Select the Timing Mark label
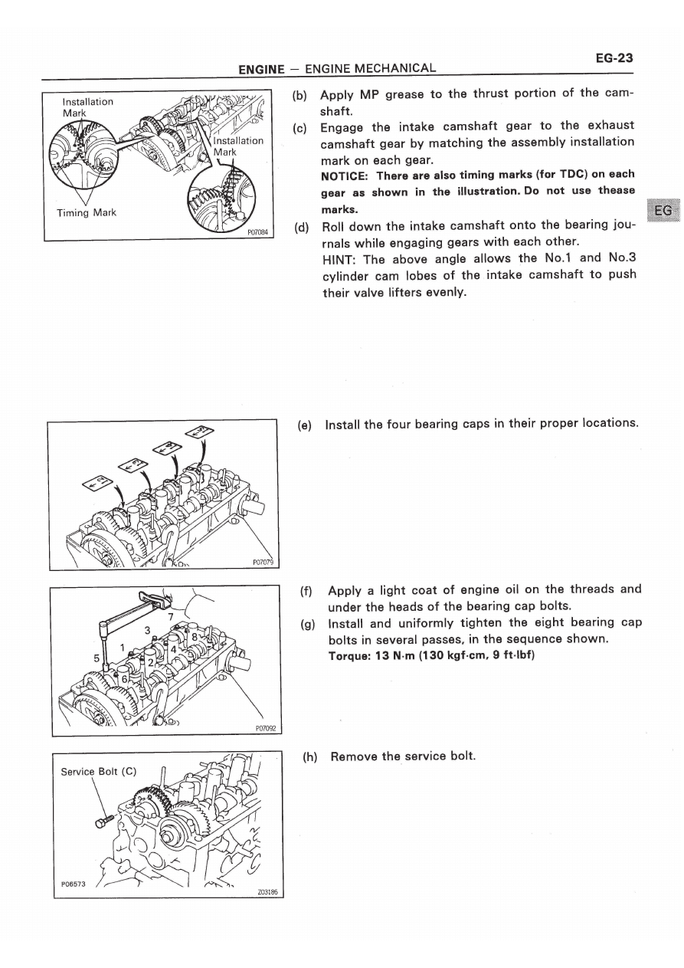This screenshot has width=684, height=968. click(x=87, y=212)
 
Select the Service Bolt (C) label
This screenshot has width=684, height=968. click(x=98, y=771)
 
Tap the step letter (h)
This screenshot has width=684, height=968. click(x=309, y=756)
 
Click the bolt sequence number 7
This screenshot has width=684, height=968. click(x=171, y=615)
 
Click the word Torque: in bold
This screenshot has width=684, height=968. click(x=351, y=657)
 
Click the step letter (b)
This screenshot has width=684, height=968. click(x=300, y=96)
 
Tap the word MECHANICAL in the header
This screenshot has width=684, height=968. click(x=392, y=69)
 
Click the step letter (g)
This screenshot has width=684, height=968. click(x=309, y=623)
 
